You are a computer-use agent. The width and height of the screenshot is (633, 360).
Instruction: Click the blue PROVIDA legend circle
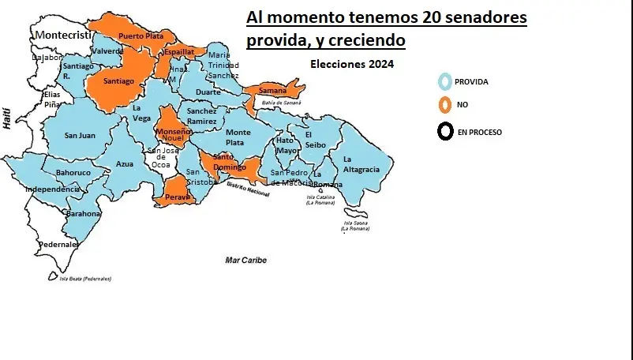(445, 81)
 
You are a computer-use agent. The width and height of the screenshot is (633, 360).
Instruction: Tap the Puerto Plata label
(141, 36)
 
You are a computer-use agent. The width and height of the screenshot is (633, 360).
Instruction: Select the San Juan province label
(80, 136)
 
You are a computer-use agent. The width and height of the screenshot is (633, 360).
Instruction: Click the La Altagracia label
(361, 164)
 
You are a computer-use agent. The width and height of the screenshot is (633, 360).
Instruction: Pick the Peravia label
(178, 197)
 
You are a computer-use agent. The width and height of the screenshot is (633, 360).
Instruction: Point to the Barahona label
(84, 213)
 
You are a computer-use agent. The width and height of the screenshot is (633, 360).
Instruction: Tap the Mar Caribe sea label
(245, 260)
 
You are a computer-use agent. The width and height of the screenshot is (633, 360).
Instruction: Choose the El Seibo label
(316, 139)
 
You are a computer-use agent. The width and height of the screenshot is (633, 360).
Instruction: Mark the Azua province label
(125, 163)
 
